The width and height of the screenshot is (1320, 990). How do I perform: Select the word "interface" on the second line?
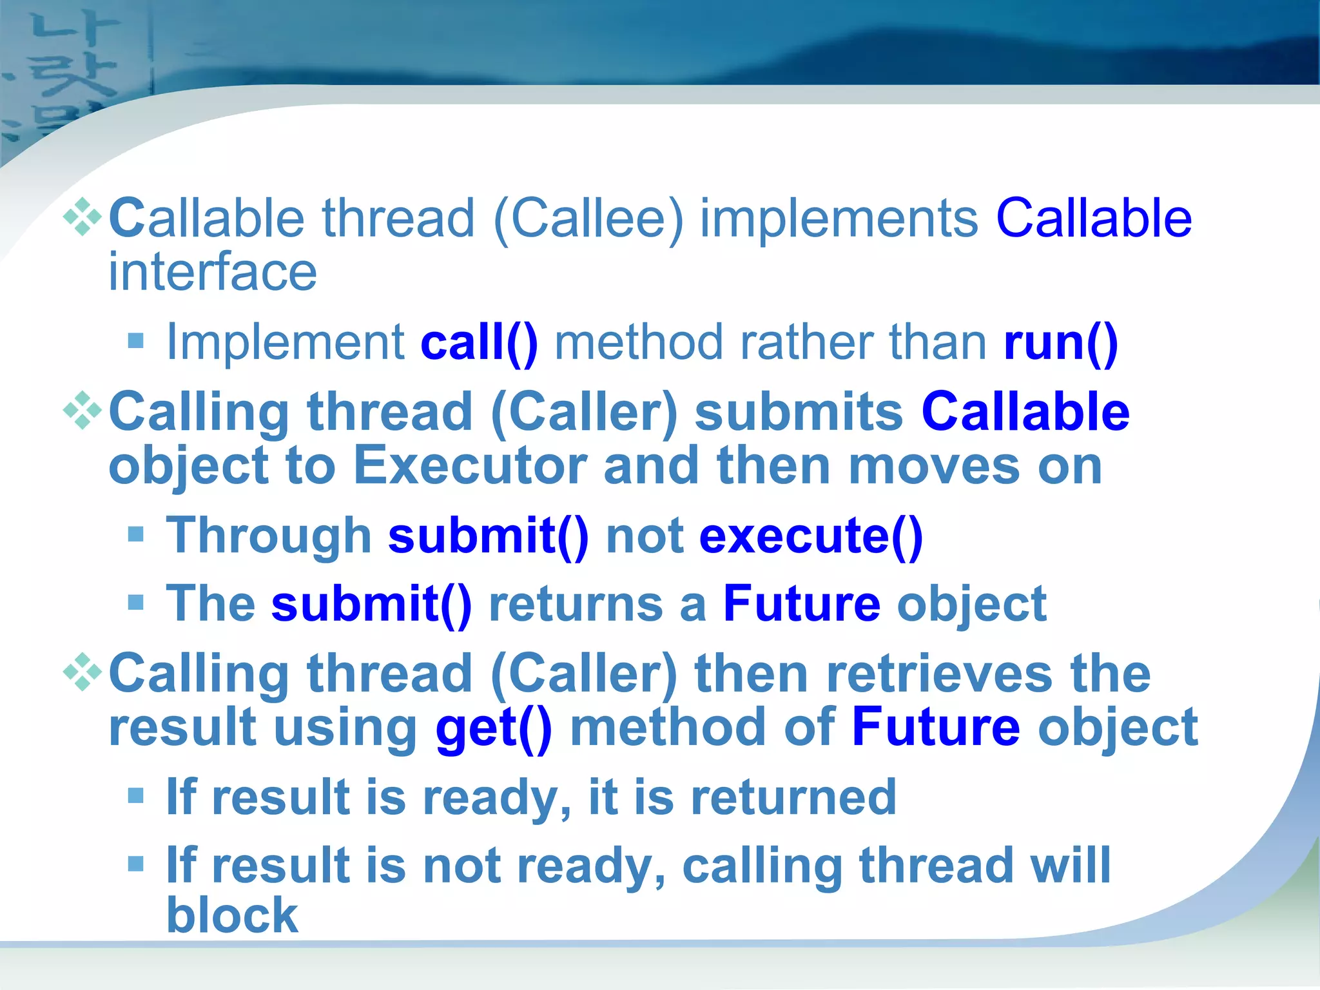coord(213,272)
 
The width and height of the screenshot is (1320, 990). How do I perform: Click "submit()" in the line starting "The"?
coord(371,604)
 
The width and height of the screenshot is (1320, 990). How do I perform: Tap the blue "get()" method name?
coord(494,728)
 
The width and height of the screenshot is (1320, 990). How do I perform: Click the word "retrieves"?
coord(940,674)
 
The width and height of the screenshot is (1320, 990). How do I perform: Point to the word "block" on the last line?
coord(232,915)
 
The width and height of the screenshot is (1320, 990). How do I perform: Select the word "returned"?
coord(793,798)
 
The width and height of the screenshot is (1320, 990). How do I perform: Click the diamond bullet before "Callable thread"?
coord(82,218)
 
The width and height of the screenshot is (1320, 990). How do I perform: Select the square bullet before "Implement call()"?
coord(135,340)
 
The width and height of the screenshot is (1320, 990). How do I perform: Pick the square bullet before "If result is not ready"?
coord(135,864)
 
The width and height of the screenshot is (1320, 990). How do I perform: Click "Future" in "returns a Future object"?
coord(801,604)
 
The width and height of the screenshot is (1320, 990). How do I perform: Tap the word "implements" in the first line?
coord(839,219)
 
